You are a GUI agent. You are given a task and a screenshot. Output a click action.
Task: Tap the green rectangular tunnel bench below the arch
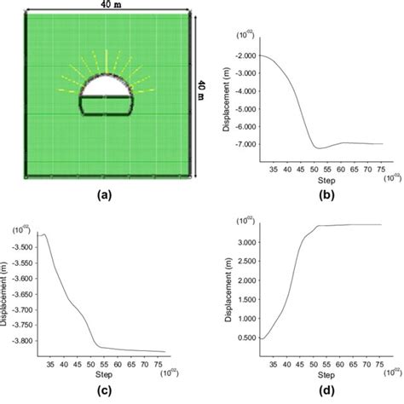tap(107, 106)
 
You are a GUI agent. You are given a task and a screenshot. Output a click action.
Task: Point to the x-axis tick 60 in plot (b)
tap(341, 170)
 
